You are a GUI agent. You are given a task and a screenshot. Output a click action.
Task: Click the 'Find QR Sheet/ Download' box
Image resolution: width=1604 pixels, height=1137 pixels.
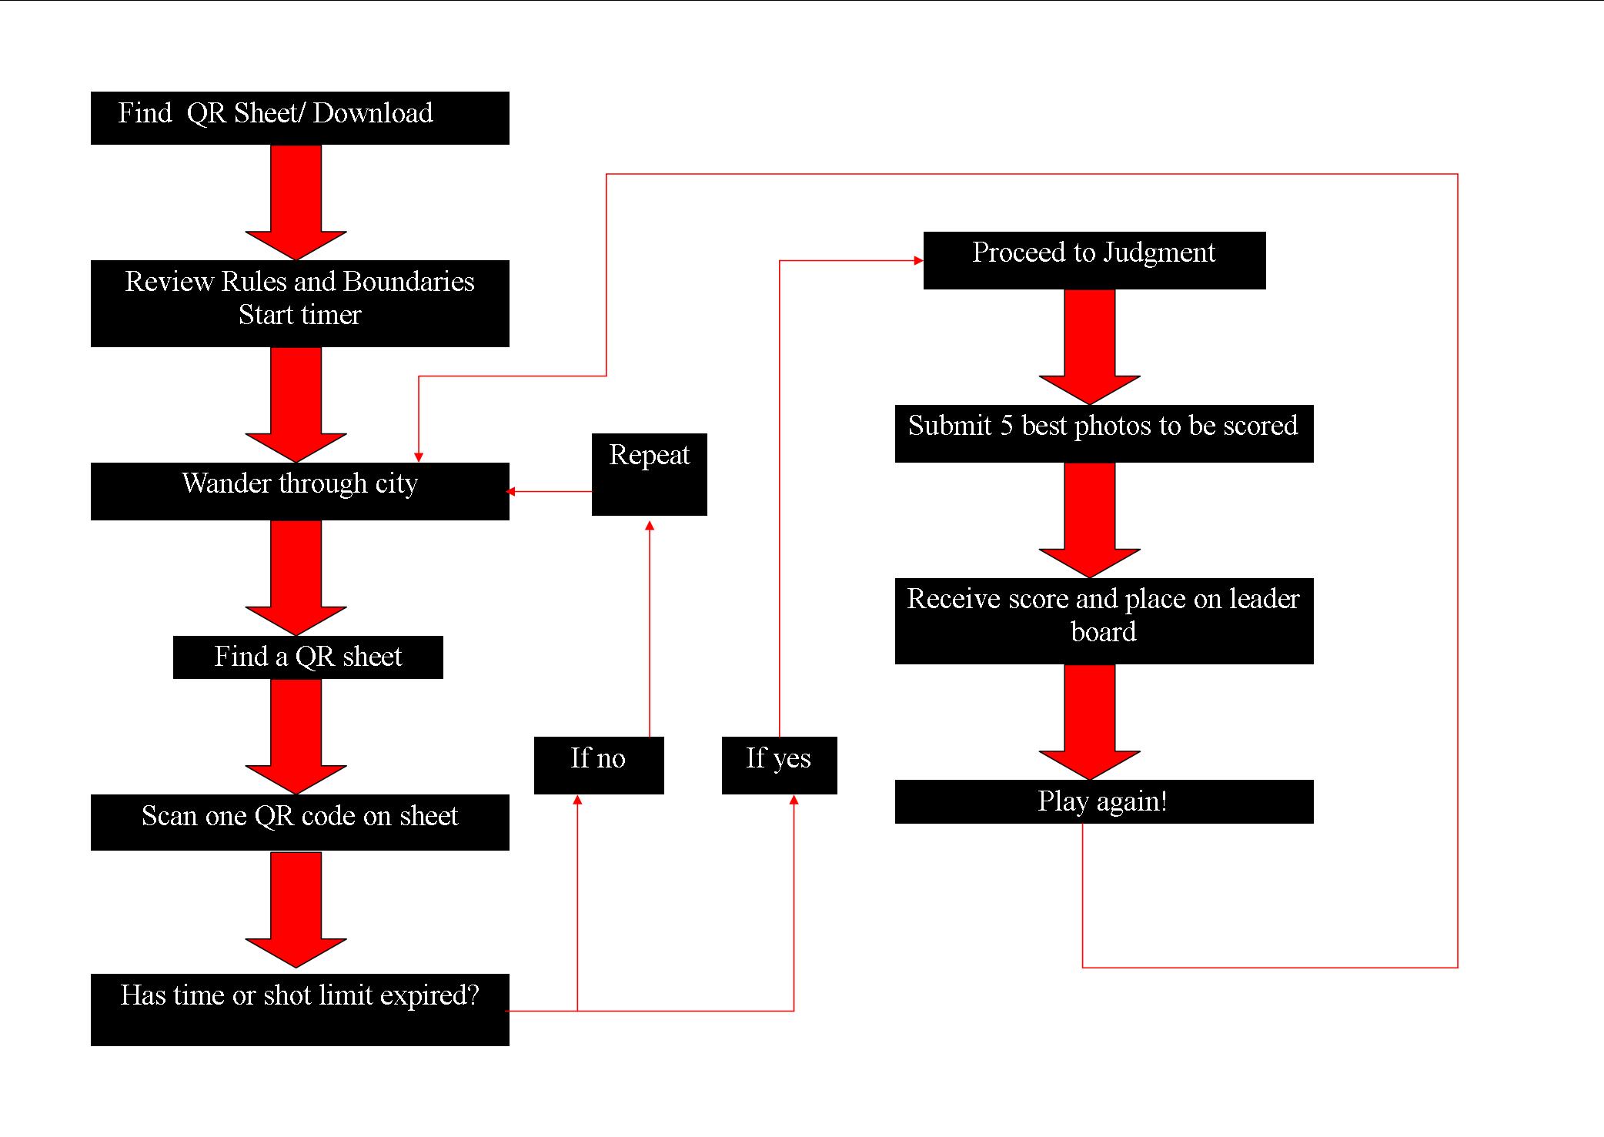pos(299,118)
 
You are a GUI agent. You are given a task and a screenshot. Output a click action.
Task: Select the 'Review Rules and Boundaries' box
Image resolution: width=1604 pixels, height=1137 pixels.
pos(299,303)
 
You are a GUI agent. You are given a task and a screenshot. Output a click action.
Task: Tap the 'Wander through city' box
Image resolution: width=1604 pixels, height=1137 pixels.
pos(299,490)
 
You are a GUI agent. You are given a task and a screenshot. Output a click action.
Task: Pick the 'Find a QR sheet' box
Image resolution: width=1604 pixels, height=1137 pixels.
pos(308,657)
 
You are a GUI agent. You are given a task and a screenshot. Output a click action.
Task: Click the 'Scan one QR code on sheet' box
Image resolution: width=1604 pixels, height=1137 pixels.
pos(299,821)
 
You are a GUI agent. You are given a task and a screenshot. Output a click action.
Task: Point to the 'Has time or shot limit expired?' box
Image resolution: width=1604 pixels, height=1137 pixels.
pos(299,1008)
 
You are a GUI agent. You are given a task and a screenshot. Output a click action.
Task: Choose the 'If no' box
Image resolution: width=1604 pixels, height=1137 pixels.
pos(598,764)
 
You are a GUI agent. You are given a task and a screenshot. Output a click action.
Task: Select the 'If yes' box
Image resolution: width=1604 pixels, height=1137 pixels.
pos(778,764)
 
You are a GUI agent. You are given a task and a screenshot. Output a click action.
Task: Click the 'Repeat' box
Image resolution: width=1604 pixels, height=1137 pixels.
pos(649,473)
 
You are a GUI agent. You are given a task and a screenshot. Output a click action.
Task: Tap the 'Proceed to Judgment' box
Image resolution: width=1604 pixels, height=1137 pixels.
pos(1094,259)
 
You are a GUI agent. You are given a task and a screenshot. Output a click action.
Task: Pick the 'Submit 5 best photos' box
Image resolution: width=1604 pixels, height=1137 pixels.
pos(1103,433)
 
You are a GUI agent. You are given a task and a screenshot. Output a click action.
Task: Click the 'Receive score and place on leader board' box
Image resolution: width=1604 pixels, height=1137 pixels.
pos(1103,620)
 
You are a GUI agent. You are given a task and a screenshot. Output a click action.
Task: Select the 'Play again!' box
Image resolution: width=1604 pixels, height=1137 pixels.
pos(1103,801)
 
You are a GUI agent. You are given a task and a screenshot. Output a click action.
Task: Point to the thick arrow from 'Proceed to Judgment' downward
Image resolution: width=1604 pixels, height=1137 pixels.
pos(1089,346)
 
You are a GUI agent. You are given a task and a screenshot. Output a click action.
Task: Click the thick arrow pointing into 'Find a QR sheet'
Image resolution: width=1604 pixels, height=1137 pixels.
pos(296,577)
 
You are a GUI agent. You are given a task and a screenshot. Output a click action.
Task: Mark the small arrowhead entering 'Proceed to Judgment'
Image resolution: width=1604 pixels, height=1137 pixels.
pos(917,260)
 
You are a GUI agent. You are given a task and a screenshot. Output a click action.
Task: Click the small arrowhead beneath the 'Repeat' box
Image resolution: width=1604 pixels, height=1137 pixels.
pos(649,526)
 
